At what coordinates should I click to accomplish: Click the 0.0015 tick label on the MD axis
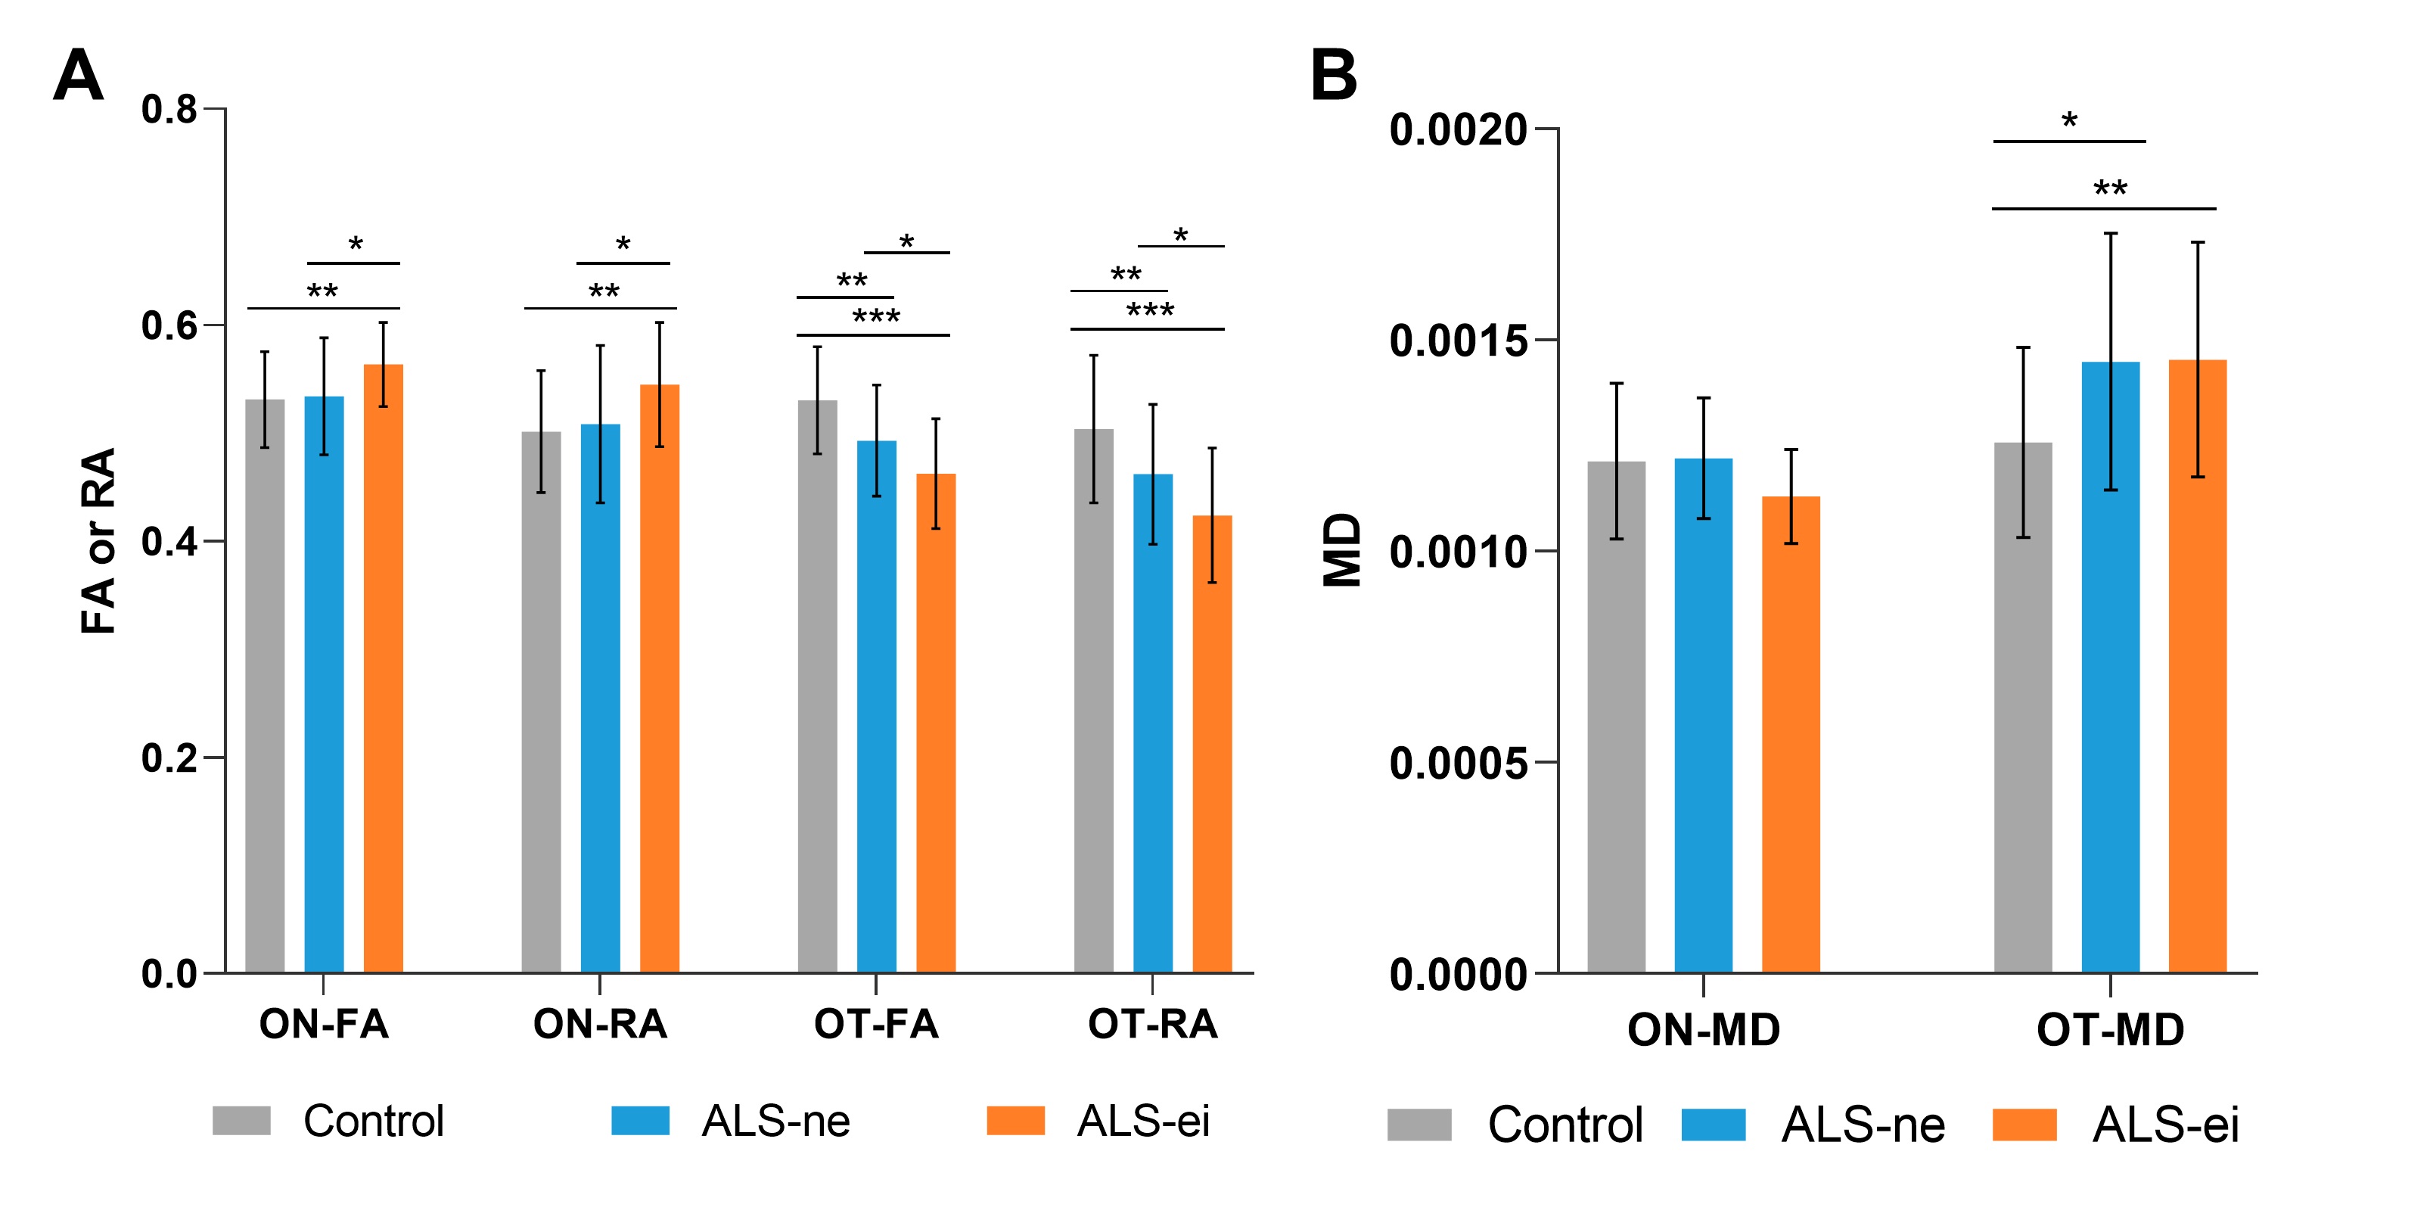[1457, 341]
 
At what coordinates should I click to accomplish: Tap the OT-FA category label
[877, 1024]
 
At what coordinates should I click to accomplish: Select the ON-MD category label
[1703, 1030]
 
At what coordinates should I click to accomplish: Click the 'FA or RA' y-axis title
[98, 540]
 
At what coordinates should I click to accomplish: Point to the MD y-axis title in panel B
[1341, 549]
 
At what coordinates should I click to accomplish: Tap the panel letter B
[1334, 76]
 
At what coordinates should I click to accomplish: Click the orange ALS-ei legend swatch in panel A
[1015, 1120]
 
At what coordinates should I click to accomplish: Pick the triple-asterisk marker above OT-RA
[1149, 310]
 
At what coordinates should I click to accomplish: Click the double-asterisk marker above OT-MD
[2110, 188]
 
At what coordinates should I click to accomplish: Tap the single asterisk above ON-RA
[623, 244]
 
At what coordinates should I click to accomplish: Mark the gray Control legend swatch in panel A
[242, 1120]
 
